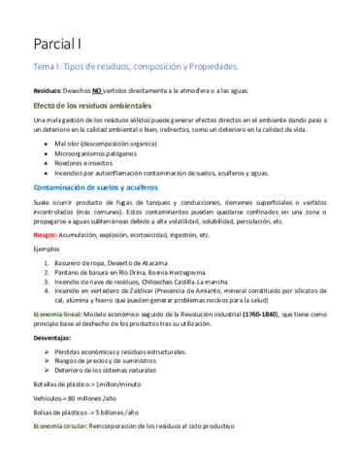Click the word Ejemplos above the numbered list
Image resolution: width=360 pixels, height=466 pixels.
[x=48, y=248]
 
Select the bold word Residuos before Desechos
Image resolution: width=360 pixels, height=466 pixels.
[x=51, y=89]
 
